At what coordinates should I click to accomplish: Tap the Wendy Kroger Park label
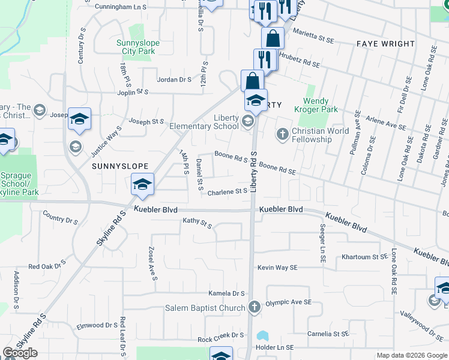(x=316, y=105)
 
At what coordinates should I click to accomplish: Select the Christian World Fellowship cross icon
(x=282, y=133)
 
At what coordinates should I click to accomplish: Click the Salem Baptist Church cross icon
(x=254, y=307)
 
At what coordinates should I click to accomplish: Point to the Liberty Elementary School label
(x=204, y=122)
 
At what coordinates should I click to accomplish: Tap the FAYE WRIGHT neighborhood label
(x=385, y=44)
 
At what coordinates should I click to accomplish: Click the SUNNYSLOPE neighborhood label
(x=119, y=170)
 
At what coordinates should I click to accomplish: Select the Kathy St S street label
(x=197, y=223)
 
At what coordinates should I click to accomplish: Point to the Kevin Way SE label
(x=278, y=267)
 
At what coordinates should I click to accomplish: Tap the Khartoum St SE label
(x=365, y=257)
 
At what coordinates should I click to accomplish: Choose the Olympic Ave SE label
(x=289, y=303)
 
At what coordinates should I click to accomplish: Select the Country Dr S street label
(x=61, y=220)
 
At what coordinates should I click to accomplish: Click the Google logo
(x=20, y=353)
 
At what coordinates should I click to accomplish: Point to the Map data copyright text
(x=412, y=355)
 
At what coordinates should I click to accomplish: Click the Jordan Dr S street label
(x=174, y=79)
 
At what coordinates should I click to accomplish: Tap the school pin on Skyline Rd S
(x=142, y=185)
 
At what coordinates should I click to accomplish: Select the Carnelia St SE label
(x=328, y=334)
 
